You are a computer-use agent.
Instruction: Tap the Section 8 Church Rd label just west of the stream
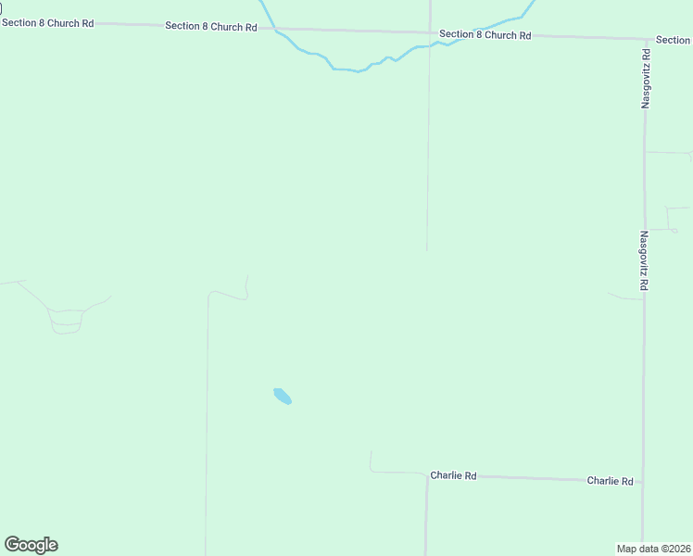tap(210, 26)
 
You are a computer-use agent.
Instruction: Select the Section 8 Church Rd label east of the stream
tap(485, 34)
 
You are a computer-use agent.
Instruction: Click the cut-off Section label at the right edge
tap(673, 40)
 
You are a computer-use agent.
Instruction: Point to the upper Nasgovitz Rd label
tap(646, 80)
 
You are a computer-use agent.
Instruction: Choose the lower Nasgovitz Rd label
tap(643, 262)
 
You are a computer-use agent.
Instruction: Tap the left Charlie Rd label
tap(453, 475)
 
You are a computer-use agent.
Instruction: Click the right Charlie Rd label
tap(610, 481)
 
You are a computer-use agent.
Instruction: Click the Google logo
tap(31, 545)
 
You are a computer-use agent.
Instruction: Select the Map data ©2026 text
tap(653, 549)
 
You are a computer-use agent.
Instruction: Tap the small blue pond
tap(283, 397)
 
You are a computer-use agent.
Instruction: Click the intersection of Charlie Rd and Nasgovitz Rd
tap(643, 482)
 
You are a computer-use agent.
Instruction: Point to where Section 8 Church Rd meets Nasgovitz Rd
tap(645, 40)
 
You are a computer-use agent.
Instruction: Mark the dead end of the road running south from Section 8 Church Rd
tap(426, 250)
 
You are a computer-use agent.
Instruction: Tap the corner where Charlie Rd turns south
tap(426, 474)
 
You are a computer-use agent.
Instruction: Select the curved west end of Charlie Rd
tap(372, 461)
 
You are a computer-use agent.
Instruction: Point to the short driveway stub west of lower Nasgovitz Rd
tap(623, 297)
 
